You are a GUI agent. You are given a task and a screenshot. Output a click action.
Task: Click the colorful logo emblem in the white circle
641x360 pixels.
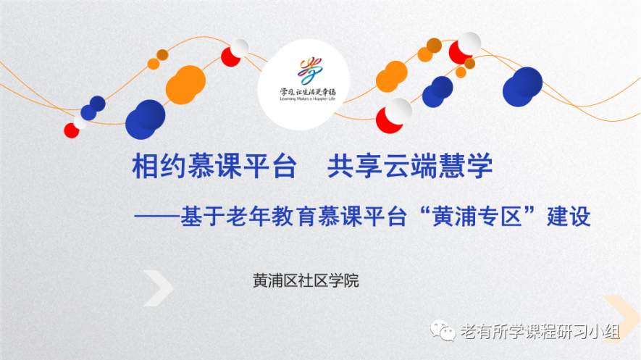tap(310, 70)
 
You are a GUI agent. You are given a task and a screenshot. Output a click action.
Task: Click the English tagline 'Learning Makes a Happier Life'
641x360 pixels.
tap(307, 99)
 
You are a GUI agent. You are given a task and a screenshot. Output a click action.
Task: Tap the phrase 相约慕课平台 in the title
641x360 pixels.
tap(214, 167)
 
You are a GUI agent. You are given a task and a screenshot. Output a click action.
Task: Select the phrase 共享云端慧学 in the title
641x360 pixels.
tap(410, 167)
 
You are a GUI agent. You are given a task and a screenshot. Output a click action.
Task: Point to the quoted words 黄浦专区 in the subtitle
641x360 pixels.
tap(477, 216)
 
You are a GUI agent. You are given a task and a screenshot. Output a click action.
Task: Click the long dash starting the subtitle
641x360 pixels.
tap(157, 217)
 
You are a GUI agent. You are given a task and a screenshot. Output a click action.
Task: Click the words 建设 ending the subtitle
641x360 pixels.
tap(569, 216)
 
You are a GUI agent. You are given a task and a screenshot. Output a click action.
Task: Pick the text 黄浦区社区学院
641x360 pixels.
tap(306, 281)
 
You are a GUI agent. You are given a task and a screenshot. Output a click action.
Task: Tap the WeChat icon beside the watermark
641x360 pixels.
tap(443, 330)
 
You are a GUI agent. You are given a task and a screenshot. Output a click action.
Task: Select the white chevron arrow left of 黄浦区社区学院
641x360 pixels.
tap(158, 288)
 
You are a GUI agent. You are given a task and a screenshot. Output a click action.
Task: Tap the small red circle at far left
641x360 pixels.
tap(71, 130)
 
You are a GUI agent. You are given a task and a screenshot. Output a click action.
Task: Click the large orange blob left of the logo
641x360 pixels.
tap(185, 85)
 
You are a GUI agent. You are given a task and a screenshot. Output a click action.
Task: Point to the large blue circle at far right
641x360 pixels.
tap(522, 87)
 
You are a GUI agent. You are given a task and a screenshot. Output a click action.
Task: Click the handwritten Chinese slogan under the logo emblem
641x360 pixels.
tap(307, 91)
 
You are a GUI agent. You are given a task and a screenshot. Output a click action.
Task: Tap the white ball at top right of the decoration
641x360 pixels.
tap(469, 43)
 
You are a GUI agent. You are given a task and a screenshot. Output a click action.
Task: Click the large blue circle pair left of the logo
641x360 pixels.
tap(145, 120)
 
